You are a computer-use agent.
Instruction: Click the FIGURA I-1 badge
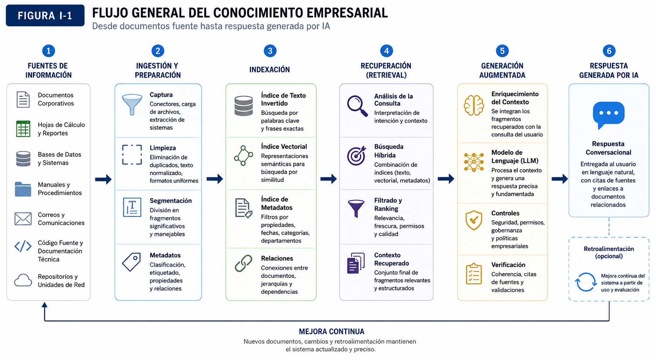point(45,16)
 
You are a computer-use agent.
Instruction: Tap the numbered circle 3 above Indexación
point(270,51)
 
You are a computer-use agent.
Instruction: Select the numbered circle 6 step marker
point(609,51)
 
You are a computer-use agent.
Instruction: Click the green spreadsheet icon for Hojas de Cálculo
point(23,129)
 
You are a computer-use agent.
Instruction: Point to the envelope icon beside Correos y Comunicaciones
point(23,219)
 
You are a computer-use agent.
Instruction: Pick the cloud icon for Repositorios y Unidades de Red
point(23,280)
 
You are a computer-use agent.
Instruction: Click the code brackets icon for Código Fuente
point(23,246)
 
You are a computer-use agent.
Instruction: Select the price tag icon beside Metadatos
point(131,262)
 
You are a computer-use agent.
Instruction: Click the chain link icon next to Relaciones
point(243,263)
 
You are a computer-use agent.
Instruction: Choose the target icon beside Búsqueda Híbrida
point(356,155)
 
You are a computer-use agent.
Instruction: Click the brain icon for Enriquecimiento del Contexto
point(473,105)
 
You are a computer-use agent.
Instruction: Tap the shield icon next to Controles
point(473,220)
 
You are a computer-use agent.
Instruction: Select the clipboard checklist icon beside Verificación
point(473,274)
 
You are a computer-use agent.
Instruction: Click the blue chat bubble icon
point(609,115)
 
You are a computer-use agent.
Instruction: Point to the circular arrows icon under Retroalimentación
point(585,282)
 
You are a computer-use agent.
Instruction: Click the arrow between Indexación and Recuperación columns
point(328,179)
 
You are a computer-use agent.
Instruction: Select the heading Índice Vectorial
point(284,146)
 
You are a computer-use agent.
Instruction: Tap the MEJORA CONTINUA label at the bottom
point(332,332)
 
